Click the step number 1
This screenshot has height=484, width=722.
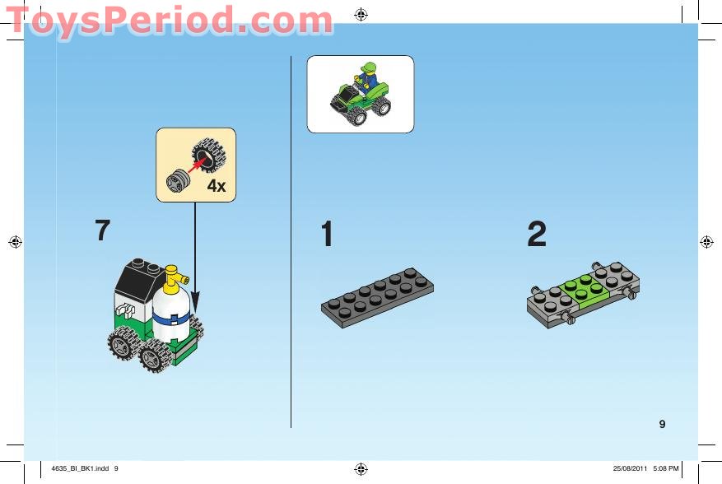tap(327, 235)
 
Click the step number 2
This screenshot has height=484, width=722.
tap(537, 235)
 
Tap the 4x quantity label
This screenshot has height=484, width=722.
tap(216, 187)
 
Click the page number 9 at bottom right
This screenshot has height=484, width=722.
tap(662, 425)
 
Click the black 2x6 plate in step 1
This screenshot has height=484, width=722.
tap(378, 296)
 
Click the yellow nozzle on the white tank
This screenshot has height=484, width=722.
tap(172, 281)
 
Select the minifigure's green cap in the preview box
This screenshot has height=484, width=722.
tap(368, 67)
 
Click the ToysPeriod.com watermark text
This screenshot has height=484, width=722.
tap(169, 19)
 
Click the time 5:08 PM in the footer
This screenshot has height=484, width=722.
tap(665, 469)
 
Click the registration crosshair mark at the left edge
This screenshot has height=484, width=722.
tap(15, 242)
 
